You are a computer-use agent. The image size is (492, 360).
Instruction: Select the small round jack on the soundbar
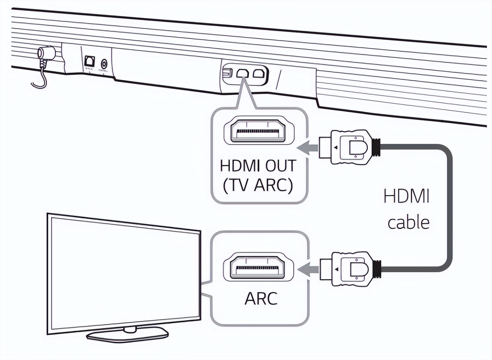tap(104, 64)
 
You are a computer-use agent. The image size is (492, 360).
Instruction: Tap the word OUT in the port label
tap(280, 166)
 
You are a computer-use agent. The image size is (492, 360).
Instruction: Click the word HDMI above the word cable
tap(406, 196)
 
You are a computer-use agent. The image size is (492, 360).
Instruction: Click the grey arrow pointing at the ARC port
tap(308, 270)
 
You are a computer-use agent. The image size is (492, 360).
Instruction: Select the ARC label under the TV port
tap(261, 298)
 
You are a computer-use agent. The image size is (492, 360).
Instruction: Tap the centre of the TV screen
tap(123, 275)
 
